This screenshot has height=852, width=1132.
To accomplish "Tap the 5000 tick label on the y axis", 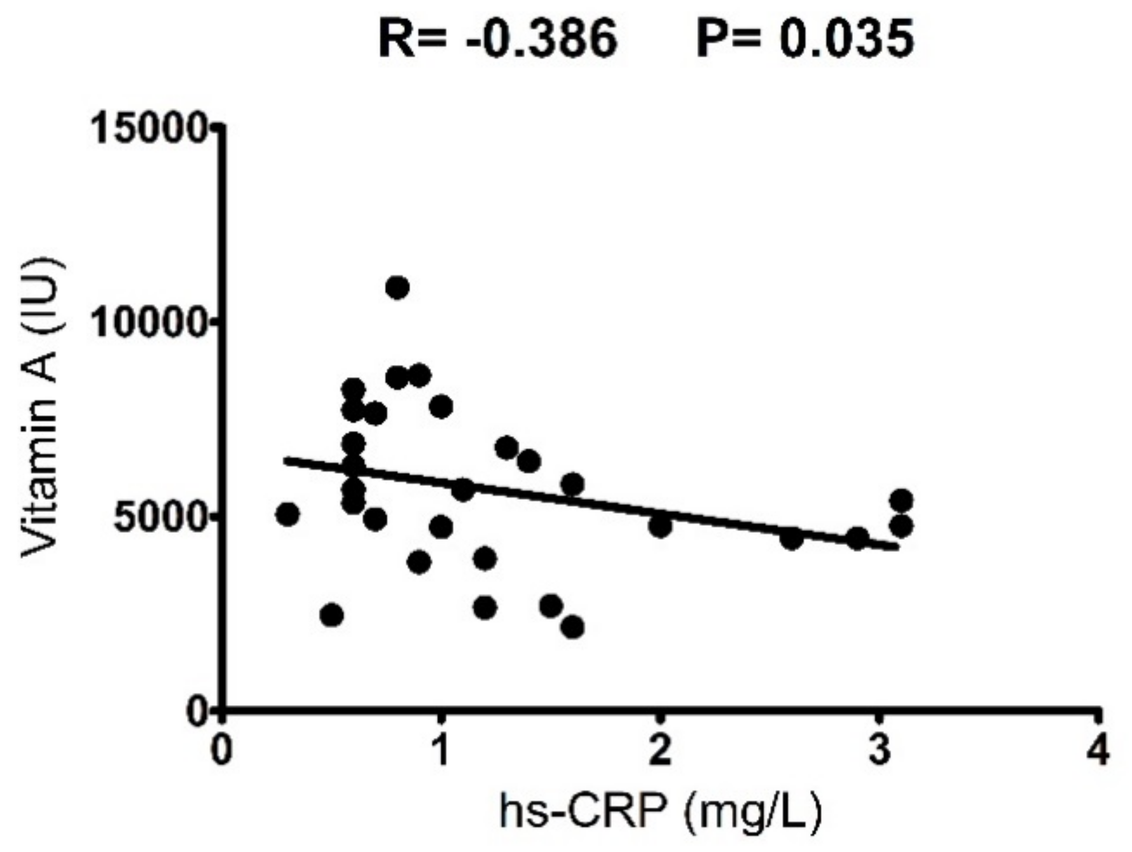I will tap(159, 518).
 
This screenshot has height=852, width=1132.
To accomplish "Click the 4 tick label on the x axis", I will tap(1099, 750).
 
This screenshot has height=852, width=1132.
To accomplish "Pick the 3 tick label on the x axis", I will tap(880, 750).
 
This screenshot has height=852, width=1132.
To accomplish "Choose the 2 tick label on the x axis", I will tap(660, 750).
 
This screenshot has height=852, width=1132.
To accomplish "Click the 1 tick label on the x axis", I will tap(440, 750).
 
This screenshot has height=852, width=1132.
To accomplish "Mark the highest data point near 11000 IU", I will tap(397, 288).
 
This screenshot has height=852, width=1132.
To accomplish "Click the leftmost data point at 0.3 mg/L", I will tap(287, 514).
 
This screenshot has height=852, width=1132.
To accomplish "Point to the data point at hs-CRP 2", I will tap(660, 526).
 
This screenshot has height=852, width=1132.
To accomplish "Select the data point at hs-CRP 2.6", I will tap(791, 539).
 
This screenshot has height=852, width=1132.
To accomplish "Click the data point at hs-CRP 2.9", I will tap(857, 539).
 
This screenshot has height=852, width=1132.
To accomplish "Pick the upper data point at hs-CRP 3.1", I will tap(901, 501).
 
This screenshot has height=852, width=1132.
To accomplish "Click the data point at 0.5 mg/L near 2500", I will tap(331, 615).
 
